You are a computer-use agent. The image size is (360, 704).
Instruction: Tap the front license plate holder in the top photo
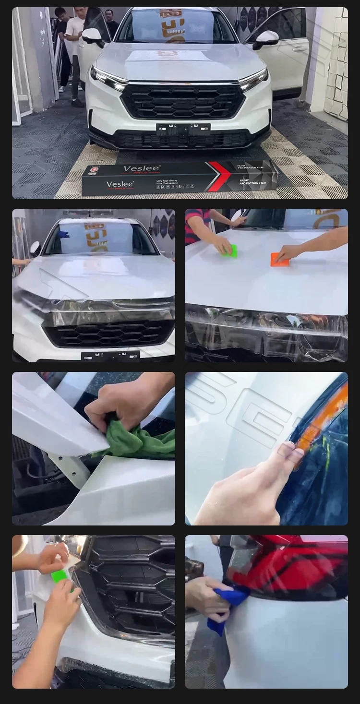point(183,129)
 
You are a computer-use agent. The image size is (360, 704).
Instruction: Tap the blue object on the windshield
point(63,234)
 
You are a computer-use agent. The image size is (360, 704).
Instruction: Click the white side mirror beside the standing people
point(92,35)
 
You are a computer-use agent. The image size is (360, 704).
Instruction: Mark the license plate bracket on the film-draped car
point(110,356)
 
